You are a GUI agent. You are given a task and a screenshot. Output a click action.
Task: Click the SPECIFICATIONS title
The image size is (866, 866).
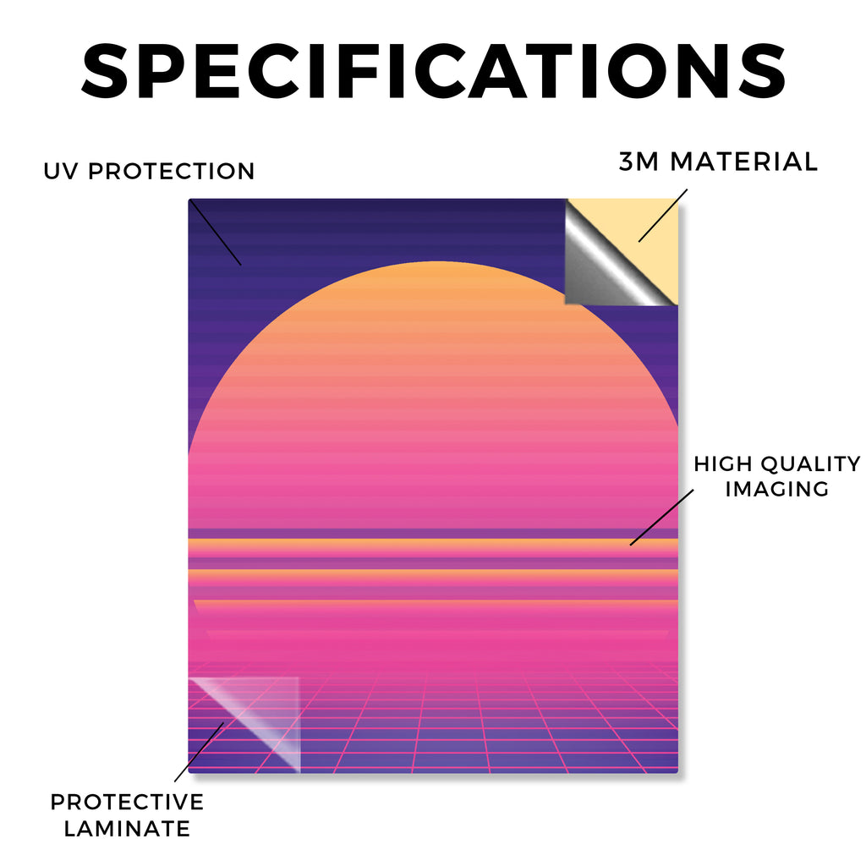coord(434,71)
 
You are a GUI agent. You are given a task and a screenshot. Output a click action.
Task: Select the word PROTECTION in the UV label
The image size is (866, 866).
coord(171,171)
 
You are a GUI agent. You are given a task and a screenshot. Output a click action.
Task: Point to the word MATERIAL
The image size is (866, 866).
coord(744,162)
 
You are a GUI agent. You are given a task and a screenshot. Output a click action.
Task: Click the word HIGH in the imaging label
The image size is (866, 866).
coord(722,464)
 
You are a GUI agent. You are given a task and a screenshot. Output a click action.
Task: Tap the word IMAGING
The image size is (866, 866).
coord(777,489)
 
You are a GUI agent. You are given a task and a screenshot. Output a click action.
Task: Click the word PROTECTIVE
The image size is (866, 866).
coord(127,802)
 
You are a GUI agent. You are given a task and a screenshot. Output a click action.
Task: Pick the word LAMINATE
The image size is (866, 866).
coord(127,829)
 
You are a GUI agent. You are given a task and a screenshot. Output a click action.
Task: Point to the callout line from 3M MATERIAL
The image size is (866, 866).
coord(663,216)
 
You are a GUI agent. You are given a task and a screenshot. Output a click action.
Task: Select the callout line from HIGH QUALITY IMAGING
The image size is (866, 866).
coord(661,518)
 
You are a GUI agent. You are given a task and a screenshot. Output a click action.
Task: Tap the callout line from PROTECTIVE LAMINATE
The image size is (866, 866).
coord(199,752)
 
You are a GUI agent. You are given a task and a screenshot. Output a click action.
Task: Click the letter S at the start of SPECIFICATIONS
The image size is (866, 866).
coord(105,71)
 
